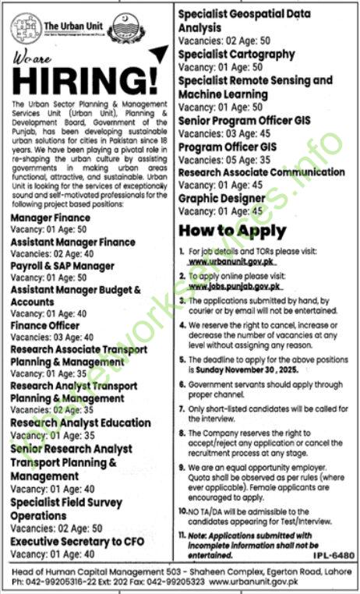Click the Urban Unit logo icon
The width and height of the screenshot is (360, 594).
[26, 27]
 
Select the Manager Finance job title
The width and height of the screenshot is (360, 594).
[48, 220]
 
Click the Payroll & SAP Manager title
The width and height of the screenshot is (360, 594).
[62, 266]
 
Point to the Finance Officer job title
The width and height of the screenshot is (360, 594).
[45, 324]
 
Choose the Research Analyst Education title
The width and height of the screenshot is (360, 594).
[81, 423]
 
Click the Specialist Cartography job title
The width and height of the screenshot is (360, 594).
[236, 55]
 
